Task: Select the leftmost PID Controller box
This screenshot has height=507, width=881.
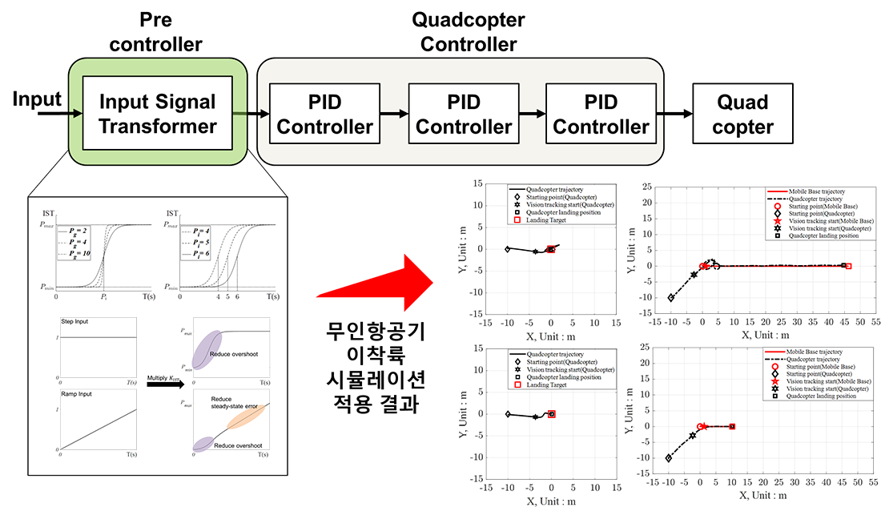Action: pos(324,114)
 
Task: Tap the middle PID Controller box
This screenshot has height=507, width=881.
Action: pos(464,114)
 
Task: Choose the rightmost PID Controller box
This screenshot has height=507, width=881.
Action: pos(601,114)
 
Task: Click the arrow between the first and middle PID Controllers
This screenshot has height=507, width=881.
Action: pos(394,114)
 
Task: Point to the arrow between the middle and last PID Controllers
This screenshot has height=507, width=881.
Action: pos(532,114)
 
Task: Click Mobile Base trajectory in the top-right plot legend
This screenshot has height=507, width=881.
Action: pos(811,192)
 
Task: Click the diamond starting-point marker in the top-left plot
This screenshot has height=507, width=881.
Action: pos(508,249)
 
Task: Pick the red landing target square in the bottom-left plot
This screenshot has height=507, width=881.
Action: pos(552,414)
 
